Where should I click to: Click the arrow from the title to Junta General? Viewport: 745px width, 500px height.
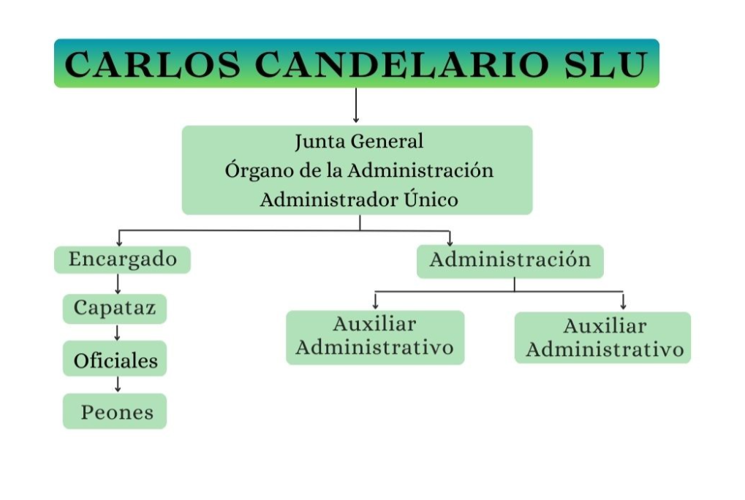click(x=355, y=105)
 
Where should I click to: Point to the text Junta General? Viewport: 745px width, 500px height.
click(x=358, y=140)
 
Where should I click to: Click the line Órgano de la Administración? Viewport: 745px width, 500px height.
click(x=358, y=170)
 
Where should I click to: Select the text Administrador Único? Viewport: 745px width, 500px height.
click(x=358, y=200)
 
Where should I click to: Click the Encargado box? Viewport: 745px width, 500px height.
click(x=122, y=260)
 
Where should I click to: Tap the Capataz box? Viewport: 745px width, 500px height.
click(x=115, y=308)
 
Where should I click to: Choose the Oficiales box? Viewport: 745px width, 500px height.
click(x=115, y=360)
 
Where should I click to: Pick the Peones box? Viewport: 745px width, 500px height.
click(x=116, y=412)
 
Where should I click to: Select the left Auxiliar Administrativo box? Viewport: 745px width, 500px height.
click(x=374, y=337)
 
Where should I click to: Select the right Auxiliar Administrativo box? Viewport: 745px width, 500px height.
click(x=603, y=338)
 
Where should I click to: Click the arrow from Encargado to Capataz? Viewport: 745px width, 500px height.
click(x=118, y=284)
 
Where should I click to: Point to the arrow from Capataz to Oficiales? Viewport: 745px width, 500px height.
click(x=116, y=333)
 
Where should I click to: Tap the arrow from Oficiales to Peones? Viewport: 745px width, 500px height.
click(x=117, y=385)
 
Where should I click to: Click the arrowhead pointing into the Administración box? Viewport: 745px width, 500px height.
click(x=450, y=242)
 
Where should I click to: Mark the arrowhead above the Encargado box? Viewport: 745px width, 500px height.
click(x=118, y=242)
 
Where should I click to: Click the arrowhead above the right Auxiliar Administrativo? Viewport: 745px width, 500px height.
click(x=623, y=305)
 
